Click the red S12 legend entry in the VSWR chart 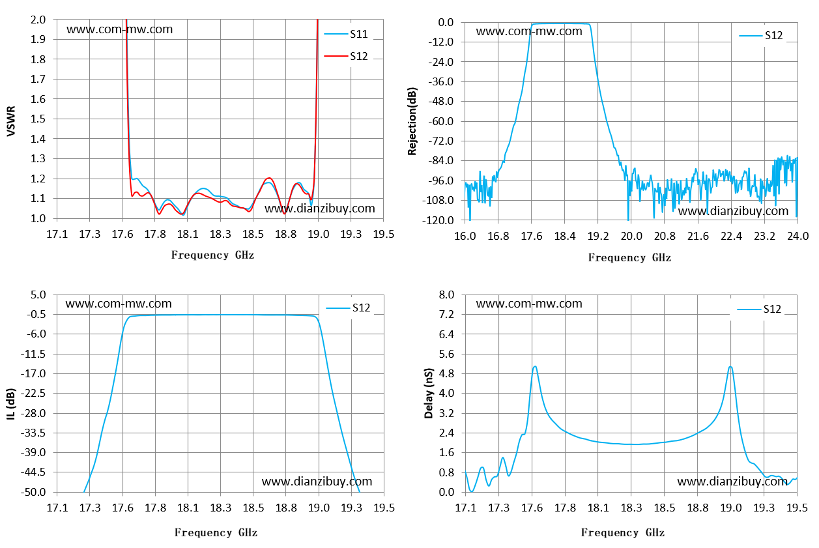tap(346, 56)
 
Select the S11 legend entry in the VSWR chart tap(346, 34)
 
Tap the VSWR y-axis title tap(11, 121)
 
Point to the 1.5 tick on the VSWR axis tap(38, 119)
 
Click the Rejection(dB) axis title tap(412, 121)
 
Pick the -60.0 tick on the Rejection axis tap(440, 121)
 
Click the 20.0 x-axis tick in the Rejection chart tap(631, 236)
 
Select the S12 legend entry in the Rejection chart tap(761, 35)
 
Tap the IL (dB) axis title tap(11, 403)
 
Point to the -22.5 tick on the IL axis tap(33, 393)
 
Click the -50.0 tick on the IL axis tap(33, 492)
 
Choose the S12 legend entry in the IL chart tap(348, 308)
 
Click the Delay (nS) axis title tap(429, 393)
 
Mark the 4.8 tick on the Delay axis tap(446, 373)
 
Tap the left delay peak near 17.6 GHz tap(535, 366)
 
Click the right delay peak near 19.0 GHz tap(730, 367)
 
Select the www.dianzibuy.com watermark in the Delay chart tap(732, 481)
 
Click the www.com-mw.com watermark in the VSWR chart tap(119, 29)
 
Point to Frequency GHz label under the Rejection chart tap(629, 257)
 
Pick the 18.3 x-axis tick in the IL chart tap(220, 508)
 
